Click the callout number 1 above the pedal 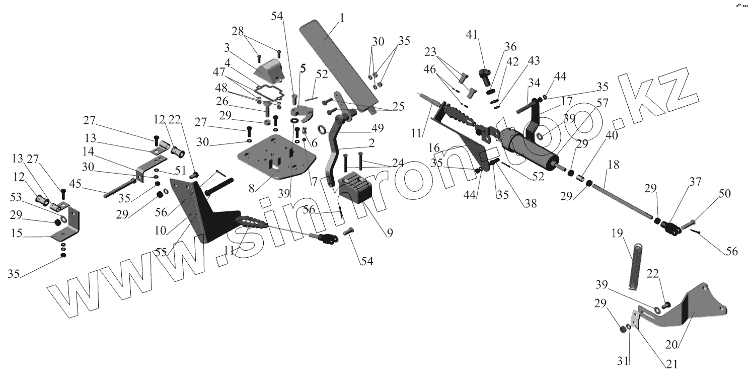pos(342,18)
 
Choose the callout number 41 pos(471,36)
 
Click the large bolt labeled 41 pos(484,77)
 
